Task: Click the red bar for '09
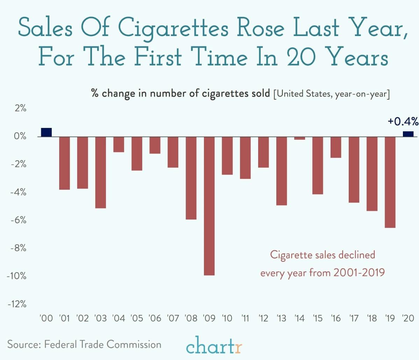click(x=209, y=206)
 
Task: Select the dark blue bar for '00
click(x=47, y=132)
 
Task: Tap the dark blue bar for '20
click(x=408, y=134)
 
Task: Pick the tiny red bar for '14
click(x=299, y=138)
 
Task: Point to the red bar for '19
click(x=390, y=182)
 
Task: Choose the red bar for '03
click(x=101, y=172)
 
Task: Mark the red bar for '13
click(x=282, y=171)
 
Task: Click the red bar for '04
click(x=119, y=144)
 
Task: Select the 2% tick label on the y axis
click(x=20, y=108)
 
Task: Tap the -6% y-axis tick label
click(x=18, y=220)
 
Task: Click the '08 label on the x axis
click(x=191, y=318)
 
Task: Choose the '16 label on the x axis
click(x=335, y=318)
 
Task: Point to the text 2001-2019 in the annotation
click(x=359, y=272)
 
